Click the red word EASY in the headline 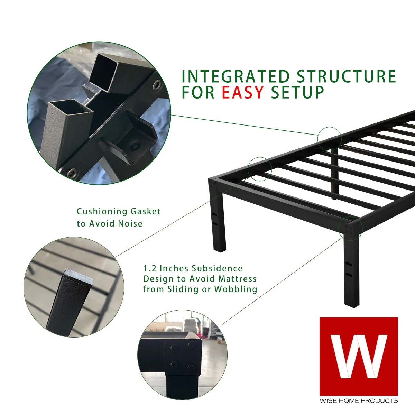[242, 92]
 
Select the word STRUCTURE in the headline [346, 76]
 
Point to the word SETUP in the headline [297, 92]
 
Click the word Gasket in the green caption [146, 211]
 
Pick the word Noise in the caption [130, 223]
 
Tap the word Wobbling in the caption [236, 289]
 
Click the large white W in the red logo [359, 356]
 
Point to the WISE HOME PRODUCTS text [359, 400]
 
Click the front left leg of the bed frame [218, 221]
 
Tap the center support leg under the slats [334, 173]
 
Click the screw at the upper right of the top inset [157, 84]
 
